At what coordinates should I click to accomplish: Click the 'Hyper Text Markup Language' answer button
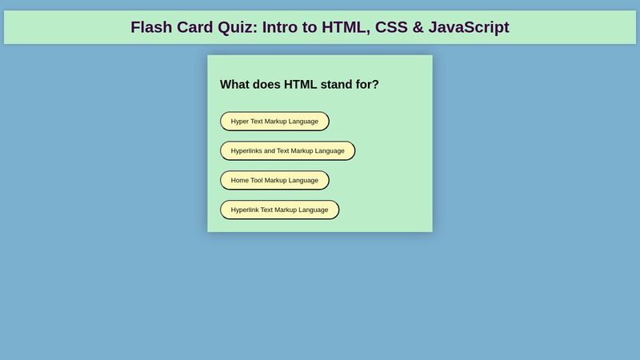[x=274, y=122]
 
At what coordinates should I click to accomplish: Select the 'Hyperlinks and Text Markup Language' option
[x=287, y=150]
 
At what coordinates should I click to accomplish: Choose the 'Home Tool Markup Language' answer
[x=274, y=180]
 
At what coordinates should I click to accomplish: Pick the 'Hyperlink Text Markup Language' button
[x=279, y=210]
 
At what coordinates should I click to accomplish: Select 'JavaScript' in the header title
[x=469, y=27]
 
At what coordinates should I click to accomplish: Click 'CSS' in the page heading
[x=390, y=27]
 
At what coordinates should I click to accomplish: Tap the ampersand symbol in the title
[x=418, y=27]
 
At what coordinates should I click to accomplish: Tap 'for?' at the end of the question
[x=369, y=85]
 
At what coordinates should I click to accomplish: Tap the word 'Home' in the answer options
[x=239, y=180]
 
